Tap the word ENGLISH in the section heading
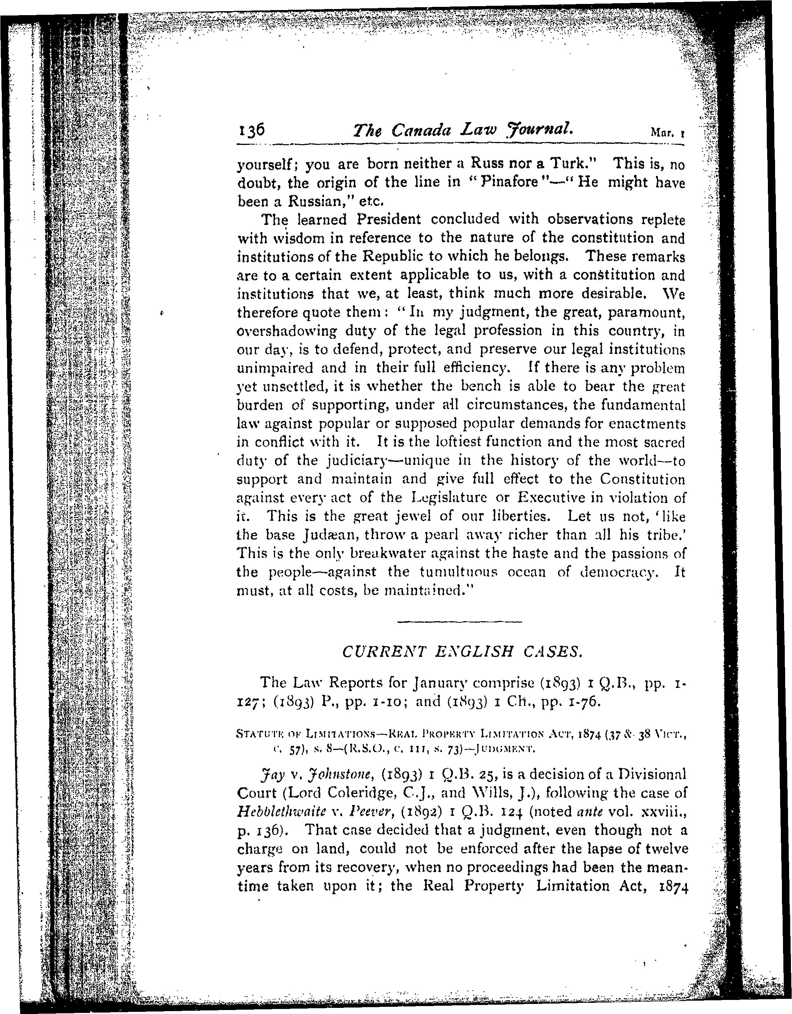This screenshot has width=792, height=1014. click(454, 652)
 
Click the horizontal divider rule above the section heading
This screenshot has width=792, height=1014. click(460, 621)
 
